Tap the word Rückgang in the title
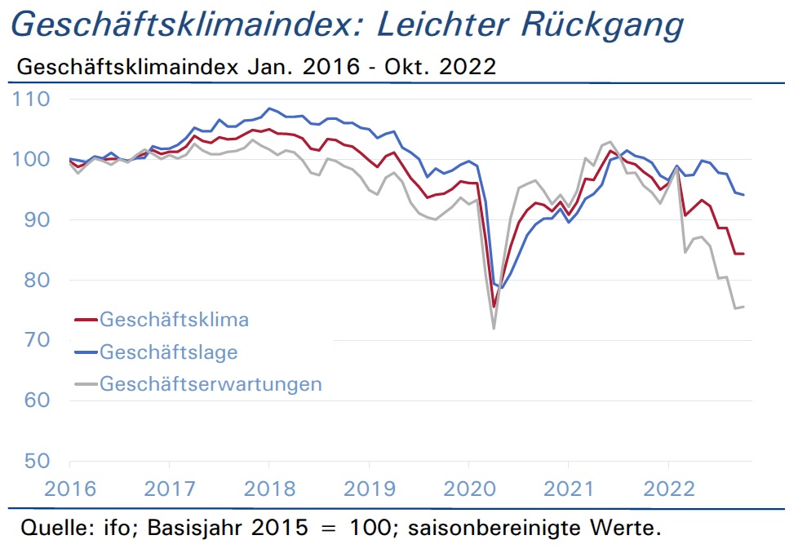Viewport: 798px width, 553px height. (602, 24)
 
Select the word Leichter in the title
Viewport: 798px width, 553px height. (443, 24)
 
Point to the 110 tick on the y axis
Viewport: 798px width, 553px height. (32, 100)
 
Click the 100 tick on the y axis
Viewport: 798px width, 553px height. (32, 159)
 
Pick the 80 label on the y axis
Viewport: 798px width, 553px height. (38, 280)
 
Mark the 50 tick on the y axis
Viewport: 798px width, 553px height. (38, 461)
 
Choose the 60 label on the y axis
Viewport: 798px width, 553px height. (38, 400)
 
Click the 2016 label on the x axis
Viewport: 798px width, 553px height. (70, 489)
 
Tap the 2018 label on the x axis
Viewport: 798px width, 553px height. (270, 489)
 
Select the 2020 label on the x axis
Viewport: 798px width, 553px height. (469, 489)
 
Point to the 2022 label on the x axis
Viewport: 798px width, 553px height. (669, 489)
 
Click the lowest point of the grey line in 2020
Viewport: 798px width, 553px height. (494, 329)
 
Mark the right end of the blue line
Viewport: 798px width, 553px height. (743, 195)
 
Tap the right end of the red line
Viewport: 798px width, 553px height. (743, 254)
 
